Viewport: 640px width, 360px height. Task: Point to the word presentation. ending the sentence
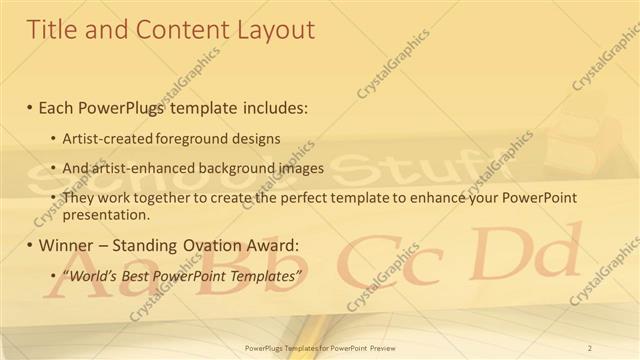(106, 214)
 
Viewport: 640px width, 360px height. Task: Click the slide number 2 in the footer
(591, 347)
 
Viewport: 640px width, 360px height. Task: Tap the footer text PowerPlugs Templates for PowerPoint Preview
(320, 347)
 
